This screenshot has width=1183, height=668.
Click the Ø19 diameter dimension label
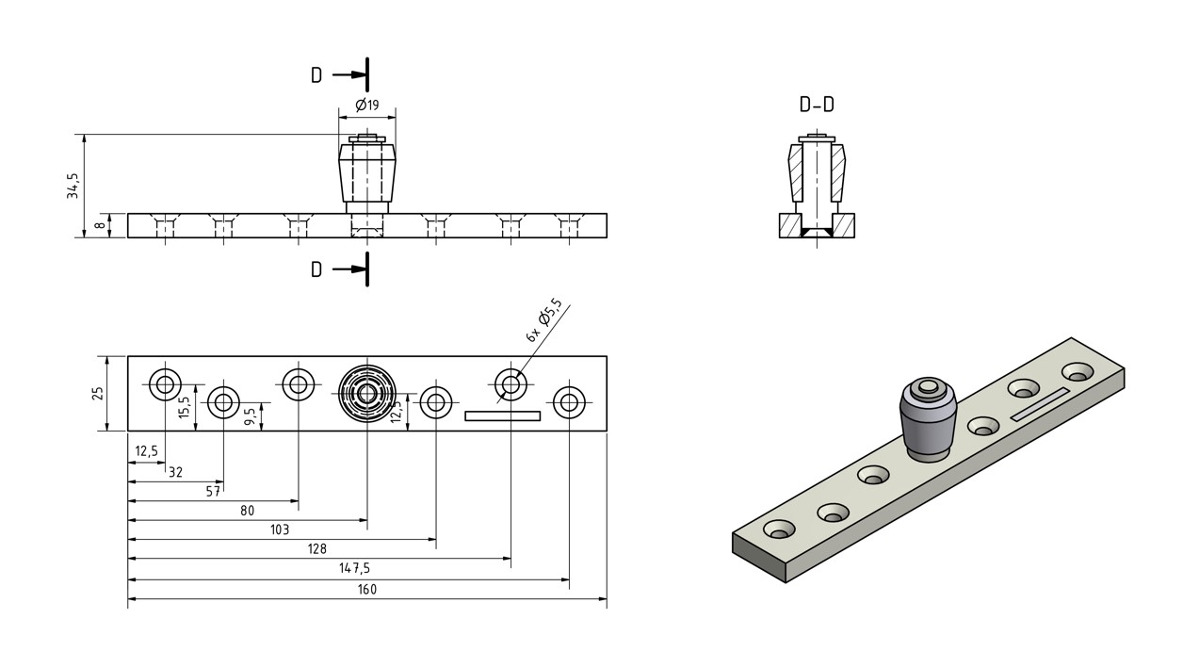(x=367, y=105)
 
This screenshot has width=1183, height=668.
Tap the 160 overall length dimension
(x=367, y=590)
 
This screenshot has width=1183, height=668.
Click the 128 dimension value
(x=317, y=549)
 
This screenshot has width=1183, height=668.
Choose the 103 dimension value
(x=280, y=530)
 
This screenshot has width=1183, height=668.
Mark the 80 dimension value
(x=248, y=511)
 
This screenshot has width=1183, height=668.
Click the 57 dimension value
(x=213, y=491)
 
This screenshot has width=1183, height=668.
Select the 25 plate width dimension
(x=97, y=393)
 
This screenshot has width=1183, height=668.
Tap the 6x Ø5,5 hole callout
(x=544, y=320)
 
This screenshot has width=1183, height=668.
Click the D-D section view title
(x=817, y=105)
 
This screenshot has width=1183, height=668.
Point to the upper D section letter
(x=316, y=75)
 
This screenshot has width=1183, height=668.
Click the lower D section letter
(x=316, y=269)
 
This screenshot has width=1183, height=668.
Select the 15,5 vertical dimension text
(x=185, y=408)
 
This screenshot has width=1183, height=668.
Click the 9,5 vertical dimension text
(x=250, y=416)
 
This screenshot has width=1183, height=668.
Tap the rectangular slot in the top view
(x=503, y=415)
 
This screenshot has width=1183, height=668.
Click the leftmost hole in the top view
(x=166, y=383)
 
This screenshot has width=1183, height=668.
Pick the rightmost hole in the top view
(x=568, y=403)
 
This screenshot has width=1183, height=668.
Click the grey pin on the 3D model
(x=928, y=418)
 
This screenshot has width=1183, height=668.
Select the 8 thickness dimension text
(x=97, y=226)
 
